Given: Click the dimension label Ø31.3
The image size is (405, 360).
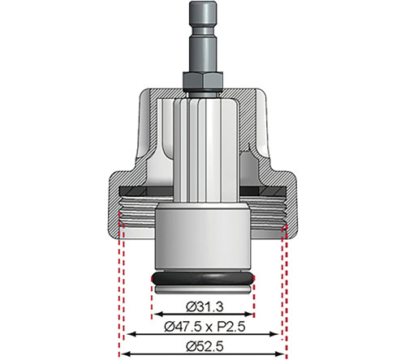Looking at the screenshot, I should click(202, 306).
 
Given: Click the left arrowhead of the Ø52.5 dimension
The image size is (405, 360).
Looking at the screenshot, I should click(122, 353).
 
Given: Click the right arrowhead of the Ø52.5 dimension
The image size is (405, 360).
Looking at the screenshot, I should click(283, 353).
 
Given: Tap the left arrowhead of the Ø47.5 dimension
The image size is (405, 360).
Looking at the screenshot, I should click(130, 334).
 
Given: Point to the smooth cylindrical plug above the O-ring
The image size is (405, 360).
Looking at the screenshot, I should click(202, 239).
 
